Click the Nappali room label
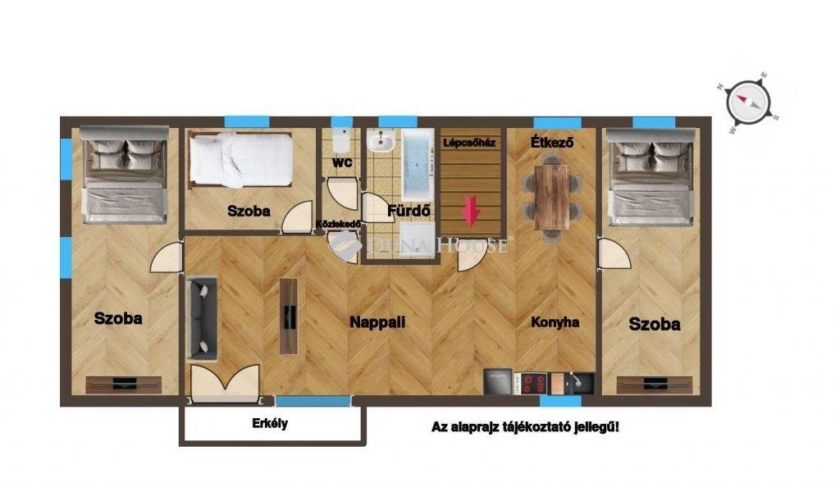(377, 322)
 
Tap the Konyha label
(555, 322)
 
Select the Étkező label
(552, 143)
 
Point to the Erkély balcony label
(270, 423)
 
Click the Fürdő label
(409, 211)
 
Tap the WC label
(342, 162)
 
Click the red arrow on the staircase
(471, 212)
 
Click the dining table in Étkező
(551, 197)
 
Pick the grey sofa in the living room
(202, 318)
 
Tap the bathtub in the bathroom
(418, 164)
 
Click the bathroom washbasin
(381, 142)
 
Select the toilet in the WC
(341, 141)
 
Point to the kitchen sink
(580, 383)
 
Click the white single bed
(241, 160)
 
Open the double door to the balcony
(225, 383)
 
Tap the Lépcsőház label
(469, 143)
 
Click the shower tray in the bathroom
(418, 240)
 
